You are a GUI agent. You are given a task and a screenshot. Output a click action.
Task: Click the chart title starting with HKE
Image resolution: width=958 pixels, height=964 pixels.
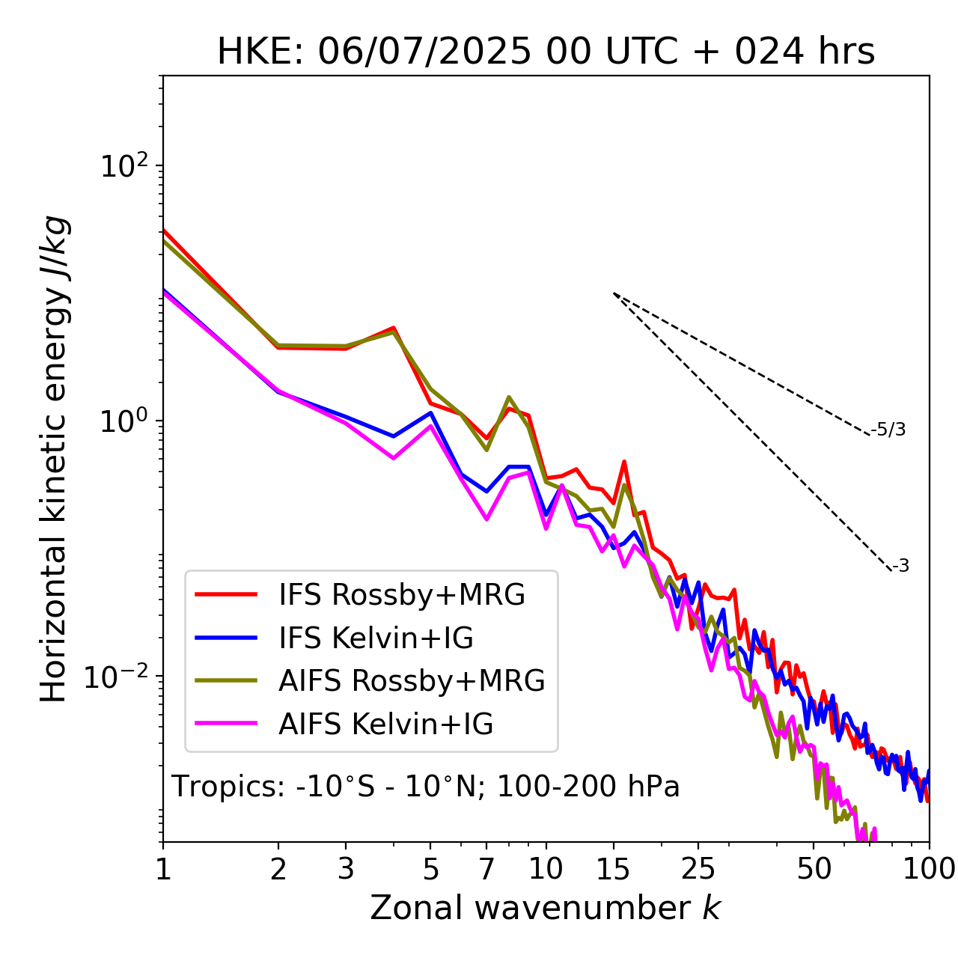tap(546, 52)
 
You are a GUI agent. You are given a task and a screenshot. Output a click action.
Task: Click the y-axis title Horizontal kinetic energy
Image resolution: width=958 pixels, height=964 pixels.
tap(55, 459)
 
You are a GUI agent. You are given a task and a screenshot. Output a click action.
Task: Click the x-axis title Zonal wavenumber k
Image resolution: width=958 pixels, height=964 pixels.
tap(545, 908)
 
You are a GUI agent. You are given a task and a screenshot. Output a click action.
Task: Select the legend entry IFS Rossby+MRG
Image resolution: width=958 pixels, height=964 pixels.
tap(401, 595)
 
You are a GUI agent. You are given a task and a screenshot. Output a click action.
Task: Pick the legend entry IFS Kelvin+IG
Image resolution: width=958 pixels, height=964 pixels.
tap(376, 638)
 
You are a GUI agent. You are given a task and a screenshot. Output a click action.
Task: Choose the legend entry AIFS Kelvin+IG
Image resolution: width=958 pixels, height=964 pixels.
tap(385, 724)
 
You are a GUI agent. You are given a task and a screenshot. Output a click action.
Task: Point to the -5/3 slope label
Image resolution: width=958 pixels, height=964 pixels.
tap(888, 430)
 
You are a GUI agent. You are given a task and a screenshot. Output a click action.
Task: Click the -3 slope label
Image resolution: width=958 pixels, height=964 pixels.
tap(900, 567)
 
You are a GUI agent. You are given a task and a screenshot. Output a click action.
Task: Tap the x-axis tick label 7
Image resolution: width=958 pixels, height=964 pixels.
tap(486, 870)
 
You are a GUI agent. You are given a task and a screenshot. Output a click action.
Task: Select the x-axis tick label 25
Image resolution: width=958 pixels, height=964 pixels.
tap(698, 870)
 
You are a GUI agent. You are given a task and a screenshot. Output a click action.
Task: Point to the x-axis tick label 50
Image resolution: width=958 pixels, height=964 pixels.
tap(814, 870)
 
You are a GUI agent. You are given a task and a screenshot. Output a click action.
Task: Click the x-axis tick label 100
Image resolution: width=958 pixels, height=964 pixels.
tap(929, 870)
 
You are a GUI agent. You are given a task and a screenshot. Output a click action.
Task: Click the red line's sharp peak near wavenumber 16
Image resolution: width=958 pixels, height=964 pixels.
tap(623, 462)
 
